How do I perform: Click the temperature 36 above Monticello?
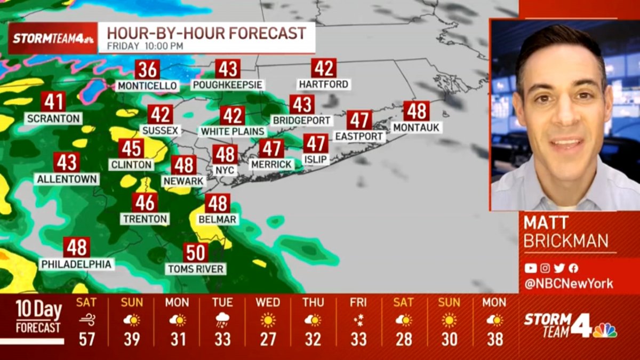pos(147,70)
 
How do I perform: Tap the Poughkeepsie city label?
pos(228,85)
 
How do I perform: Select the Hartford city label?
pos(324,84)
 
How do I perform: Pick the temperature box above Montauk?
pos(416,111)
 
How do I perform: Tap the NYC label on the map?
pos(225,170)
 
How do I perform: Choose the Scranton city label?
pos(53,118)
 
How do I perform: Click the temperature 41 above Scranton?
pos(53,101)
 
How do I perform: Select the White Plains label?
pos(233,131)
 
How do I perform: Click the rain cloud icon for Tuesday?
pos(222,320)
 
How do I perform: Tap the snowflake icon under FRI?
pos(358,320)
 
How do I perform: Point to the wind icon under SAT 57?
pos(86,320)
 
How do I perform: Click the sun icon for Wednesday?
pos(268,320)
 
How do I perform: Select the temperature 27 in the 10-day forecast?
pos(268,339)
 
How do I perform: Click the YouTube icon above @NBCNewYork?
pos(530,268)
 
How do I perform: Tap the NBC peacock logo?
pos(604,330)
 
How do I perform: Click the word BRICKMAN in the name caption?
pos(566,241)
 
